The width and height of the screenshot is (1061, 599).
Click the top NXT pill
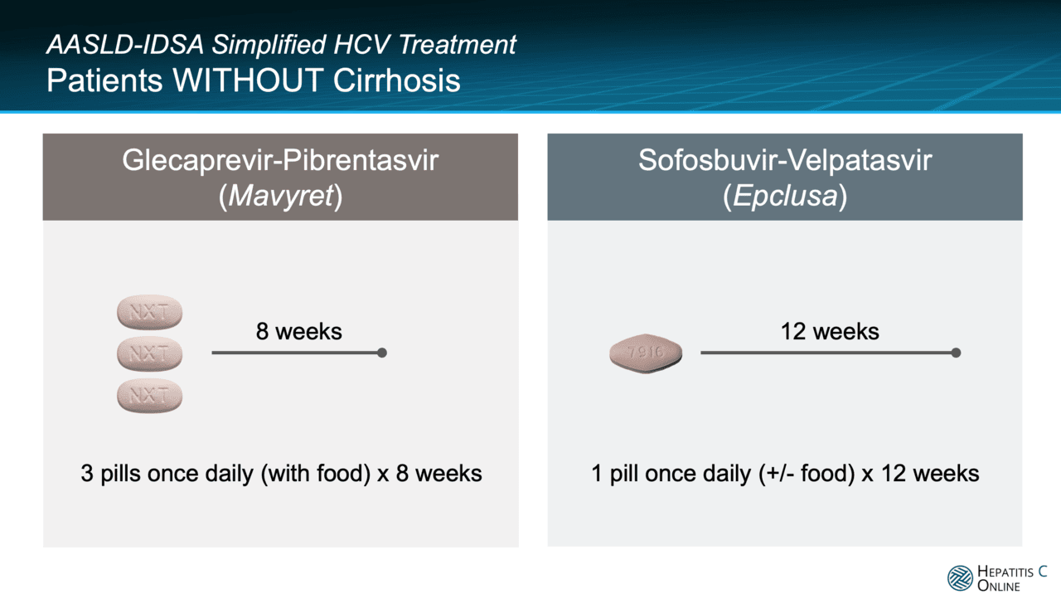click(150, 312)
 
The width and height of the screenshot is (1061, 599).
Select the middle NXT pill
click(150, 354)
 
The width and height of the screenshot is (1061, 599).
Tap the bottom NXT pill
click(150, 396)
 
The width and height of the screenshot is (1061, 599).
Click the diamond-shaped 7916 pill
click(646, 353)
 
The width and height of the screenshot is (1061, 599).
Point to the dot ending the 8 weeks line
click(382, 353)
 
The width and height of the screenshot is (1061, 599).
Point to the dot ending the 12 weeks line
click(957, 353)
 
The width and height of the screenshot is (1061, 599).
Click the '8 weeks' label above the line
click(299, 331)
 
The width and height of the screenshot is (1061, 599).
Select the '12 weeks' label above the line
click(830, 331)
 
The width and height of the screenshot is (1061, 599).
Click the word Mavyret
click(281, 195)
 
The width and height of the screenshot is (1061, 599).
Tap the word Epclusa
click(785, 195)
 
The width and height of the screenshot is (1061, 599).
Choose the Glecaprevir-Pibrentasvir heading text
click(280, 160)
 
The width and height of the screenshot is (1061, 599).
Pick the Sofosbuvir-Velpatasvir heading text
click(785, 160)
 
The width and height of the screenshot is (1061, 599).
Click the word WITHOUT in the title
click(248, 80)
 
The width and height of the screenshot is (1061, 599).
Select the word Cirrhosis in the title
click(397, 80)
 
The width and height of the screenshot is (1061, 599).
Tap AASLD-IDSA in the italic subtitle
click(125, 45)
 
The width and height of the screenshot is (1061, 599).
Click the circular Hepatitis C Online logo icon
click(960, 578)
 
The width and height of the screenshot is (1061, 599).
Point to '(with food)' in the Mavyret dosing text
click(316, 474)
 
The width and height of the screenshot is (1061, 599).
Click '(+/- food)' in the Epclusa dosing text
click(807, 474)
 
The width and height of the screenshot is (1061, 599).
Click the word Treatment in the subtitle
click(457, 45)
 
